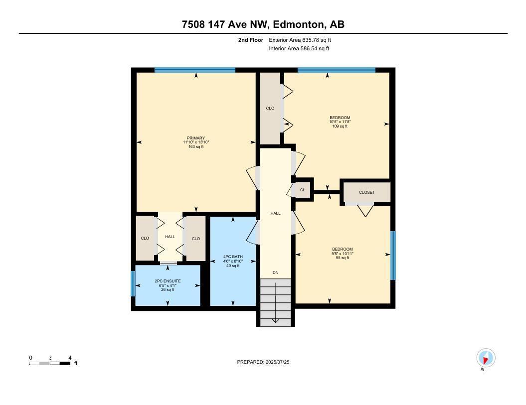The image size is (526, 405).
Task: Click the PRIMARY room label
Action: point(195,138)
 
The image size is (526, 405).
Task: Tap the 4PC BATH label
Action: point(233,257)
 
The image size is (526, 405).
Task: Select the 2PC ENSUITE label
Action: point(168,281)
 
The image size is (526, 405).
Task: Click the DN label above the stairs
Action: point(275,272)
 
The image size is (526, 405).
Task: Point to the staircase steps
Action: point(275,302)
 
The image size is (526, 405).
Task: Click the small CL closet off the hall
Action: point(303,190)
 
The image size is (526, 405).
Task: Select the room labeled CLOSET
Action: point(366,192)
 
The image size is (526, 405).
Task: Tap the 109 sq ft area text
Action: point(340,126)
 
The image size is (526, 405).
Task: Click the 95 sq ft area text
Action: point(342,258)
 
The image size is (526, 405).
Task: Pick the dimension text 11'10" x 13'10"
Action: point(195,142)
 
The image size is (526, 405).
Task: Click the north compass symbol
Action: point(485,358)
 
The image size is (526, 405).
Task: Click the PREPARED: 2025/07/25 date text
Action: point(263,362)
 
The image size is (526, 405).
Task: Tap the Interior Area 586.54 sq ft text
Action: point(299,49)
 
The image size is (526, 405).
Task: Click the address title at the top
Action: point(263,24)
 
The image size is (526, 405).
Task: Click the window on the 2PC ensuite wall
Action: point(133,283)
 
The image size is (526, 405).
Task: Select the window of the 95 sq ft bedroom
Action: point(393,255)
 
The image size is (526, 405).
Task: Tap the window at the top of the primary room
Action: point(195,70)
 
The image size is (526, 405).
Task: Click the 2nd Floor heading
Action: point(250,40)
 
